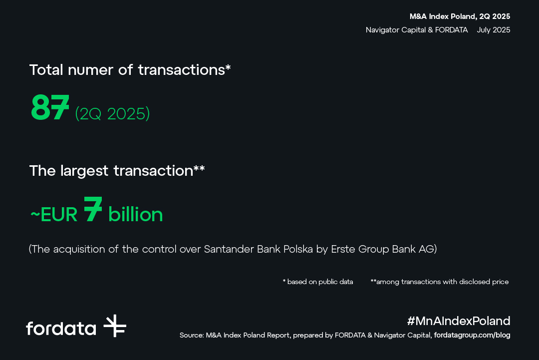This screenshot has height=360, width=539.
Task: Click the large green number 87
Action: (x=50, y=107)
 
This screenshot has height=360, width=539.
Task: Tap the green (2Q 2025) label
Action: (x=112, y=113)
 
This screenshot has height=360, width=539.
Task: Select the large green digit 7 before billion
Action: (x=93, y=209)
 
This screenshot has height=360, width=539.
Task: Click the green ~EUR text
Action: (x=54, y=215)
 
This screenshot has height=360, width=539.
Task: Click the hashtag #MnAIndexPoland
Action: (x=459, y=321)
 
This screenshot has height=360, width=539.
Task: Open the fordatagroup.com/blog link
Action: (x=472, y=335)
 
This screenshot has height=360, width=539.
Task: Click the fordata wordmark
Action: (x=61, y=328)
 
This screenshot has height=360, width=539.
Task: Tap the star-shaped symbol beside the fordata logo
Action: (x=115, y=326)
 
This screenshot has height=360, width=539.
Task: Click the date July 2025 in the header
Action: (x=493, y=30)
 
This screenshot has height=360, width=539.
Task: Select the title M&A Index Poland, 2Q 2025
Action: (x=460, y=16)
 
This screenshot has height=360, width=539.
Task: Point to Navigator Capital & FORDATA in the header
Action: (x=417, y=30)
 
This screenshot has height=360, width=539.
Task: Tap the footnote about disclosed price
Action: (x=439, y=282)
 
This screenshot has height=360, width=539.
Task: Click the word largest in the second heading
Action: (x=84, y=171)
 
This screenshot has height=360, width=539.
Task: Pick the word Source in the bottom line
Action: (x=192, y=335)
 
